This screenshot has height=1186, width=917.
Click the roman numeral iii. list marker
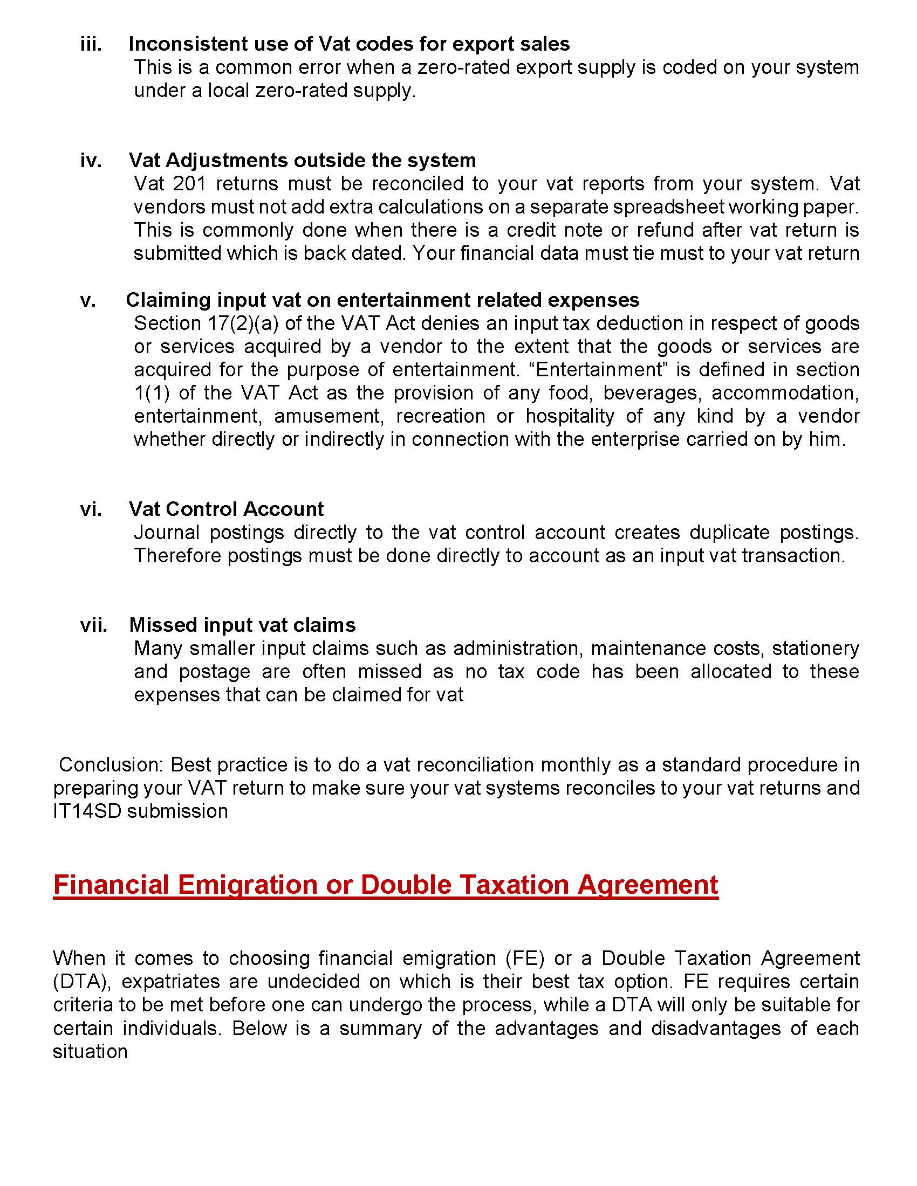point(91,44)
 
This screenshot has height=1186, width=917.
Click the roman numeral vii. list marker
point(93,625)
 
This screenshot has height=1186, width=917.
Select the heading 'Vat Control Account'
point(226,509)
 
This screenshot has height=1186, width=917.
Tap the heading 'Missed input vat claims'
point(242,625)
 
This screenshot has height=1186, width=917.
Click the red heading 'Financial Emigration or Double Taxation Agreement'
point(386,885)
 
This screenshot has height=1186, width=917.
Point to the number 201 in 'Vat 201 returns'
point(190,183)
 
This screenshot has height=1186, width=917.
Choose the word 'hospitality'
point(570,416)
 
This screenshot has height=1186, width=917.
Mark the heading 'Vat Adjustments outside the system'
point(302,160)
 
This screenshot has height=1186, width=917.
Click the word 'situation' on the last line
point(90,1051)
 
